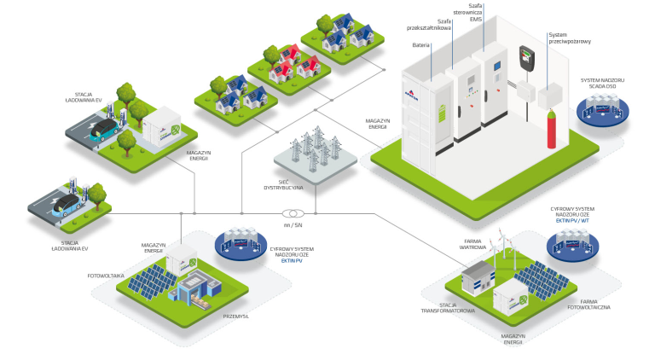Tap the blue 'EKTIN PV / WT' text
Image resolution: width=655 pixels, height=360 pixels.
pos(572,220)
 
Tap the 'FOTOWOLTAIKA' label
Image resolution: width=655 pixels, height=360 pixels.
pos(107,276)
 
